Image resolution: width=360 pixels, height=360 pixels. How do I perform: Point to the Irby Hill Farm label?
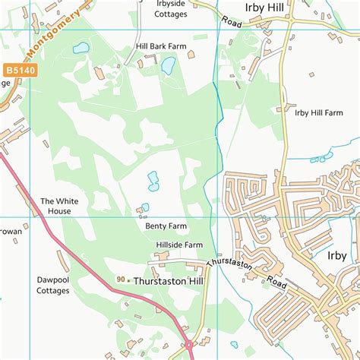click(x=319, y=112)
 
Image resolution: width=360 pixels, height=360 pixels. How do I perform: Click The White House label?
click(x=58, y=206)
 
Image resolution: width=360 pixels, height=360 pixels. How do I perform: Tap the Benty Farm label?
click(x=166, y=226)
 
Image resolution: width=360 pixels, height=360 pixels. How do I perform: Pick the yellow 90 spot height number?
click(x=121, y=280)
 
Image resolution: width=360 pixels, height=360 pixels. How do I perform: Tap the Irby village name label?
click(x=336, y=256)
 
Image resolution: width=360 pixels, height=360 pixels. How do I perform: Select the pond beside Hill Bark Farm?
click(x=168, y=66)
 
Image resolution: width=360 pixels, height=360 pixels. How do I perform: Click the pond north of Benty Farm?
click(x=153, y=181)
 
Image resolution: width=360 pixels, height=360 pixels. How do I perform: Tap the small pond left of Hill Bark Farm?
click(x=81, y=48)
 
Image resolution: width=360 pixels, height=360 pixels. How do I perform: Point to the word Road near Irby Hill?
click(x=232, y=23)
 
